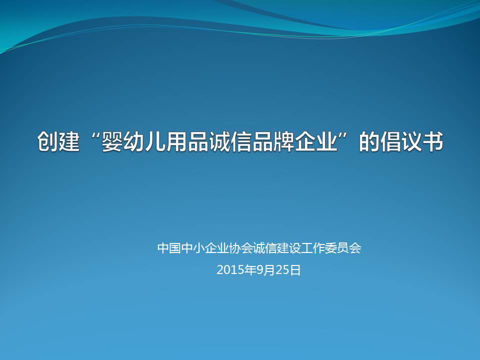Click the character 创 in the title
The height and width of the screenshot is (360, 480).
(x=47, y=141)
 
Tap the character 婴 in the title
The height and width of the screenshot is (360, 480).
(x=112, y=141)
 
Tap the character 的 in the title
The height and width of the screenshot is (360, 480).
(x=369, y=141)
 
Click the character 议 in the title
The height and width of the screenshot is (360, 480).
(x=411, y=141)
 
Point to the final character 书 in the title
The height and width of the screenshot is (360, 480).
(x=433, y=141)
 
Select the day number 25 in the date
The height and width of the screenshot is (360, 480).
(x=282, y=270)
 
